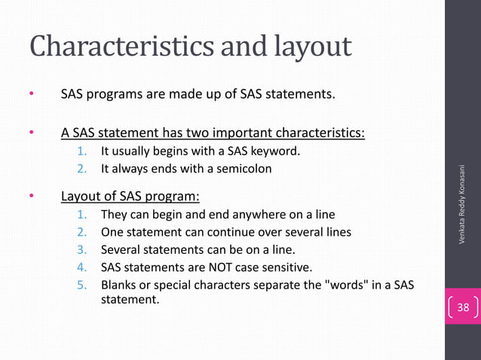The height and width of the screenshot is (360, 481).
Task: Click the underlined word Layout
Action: click(81, 198)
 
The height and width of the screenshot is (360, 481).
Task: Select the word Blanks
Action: click(119, 285)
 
